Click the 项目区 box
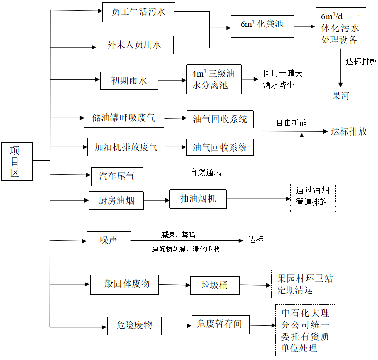[17, 162]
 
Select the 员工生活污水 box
[138, 12]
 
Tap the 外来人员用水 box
[134, 45]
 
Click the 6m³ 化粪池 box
[262, 26]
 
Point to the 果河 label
[341, 96]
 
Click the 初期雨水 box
[129, 80]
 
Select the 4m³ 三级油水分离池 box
[213, 79]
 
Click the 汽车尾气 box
[117, 176]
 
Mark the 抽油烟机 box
[198, 199]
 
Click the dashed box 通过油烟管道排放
[312, 197]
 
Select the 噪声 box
[109, 240]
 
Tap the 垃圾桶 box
[215, 285]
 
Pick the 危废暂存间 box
[220, 324]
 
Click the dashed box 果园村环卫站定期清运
[305, 284]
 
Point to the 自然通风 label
[206, 172]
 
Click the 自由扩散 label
[292, 122]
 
